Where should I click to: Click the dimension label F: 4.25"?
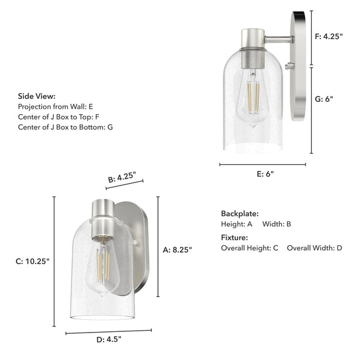click(x=329, y=37)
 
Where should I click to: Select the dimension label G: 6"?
click(x=324, y=99)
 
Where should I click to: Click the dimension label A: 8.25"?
click(x=178, y=249)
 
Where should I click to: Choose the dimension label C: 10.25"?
click(x=32, y=261)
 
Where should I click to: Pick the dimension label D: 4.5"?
click(x=109, y=340)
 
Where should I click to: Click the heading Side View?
click(x=37, y=96)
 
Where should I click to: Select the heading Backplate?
click(x=240, y=214)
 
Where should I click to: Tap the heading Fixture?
click(x=234, y=237)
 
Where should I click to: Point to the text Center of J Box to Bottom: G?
click(x=65, y=127)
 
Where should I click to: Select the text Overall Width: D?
click(x=314, y=248)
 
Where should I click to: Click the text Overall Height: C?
click(x=250, y=248)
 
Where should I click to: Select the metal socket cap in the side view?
click(x=251, y=49)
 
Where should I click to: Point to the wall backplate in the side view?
click(x=298, y=66)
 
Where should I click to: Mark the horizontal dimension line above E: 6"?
click(x=262, y=164)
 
